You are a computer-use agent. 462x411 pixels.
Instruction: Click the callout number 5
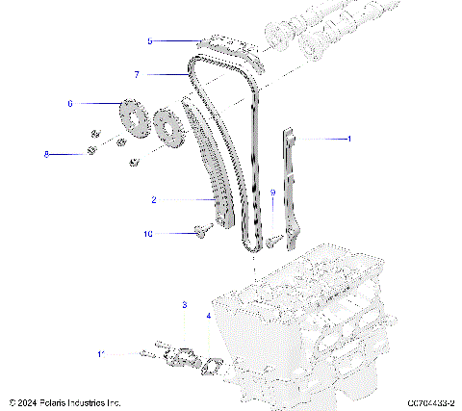pos(150,41)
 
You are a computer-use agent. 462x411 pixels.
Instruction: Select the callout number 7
pos(138,74)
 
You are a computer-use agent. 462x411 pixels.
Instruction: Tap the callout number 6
pos(70,103)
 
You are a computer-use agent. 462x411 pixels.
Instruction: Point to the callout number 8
pos(45,153)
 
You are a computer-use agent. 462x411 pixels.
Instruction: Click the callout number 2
pos(153,200)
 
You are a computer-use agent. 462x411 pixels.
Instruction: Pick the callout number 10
pos(148,233)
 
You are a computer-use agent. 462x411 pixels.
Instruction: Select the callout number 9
pos(272,193)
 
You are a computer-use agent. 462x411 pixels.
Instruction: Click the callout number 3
pos(184,305)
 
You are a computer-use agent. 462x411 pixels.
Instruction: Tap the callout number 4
pos(209,316)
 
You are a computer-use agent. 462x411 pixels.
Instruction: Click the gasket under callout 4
pos(215,365)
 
